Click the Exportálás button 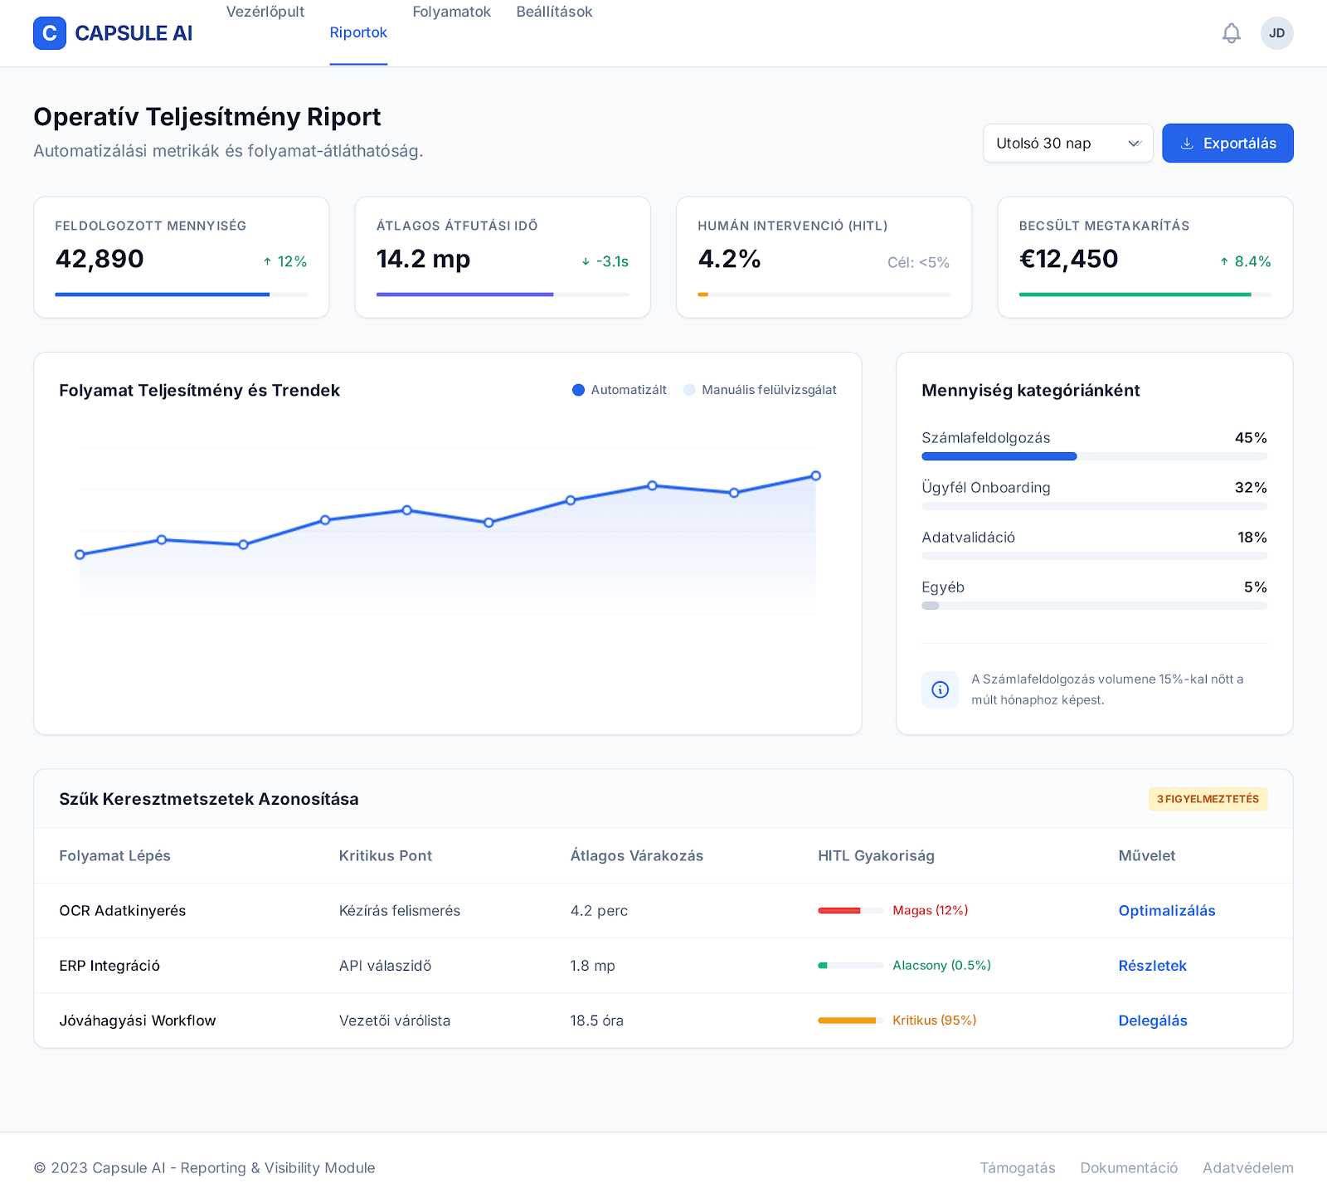click(1227, 144)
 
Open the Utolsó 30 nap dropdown click(1068, 144)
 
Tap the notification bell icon click(1232, 33)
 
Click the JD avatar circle click(1277, 33)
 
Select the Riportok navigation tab click(358, 32)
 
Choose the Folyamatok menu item click(452, 12)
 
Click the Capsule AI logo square click(50, 33)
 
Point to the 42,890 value click(100, 259)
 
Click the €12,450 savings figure click(1068, 259)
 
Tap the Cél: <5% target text click(918, 262)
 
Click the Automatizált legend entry click(620, 390)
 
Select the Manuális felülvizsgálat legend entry click(761, 390)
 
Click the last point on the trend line click(816, 476)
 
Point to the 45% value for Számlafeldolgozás click(1251, 438)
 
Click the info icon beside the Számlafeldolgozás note click(941, 689)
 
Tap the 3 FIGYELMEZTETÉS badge click(1208, 799)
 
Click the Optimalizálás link click(1167, 911)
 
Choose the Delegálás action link click(1153, 1020)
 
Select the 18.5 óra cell click(597, 1020)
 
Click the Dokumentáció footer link click(1129, 1168)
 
